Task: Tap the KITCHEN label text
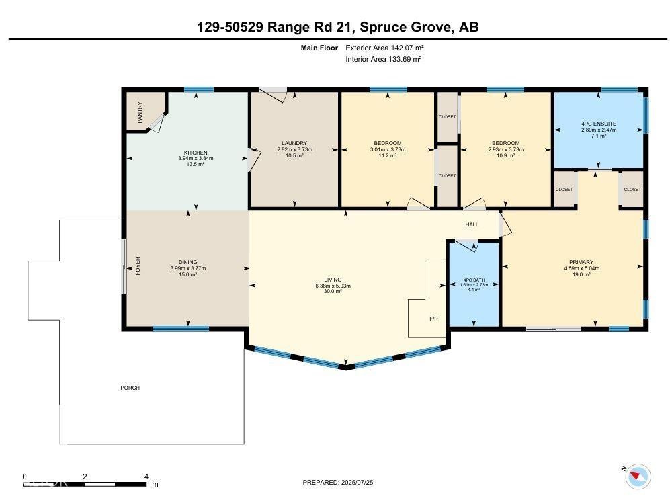point(196,153)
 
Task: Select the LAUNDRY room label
point(294,143)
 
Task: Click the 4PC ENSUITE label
point(599,124)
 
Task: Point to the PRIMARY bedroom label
point(581,262)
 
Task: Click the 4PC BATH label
point(474,280)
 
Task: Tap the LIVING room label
point(333,280)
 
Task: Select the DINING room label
point(187,262)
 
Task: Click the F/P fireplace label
point(433,318)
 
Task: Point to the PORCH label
point(130,388)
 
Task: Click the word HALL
point(472,224)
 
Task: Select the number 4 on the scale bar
point(146,477)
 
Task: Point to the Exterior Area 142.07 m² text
point(384,48)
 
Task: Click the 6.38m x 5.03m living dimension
point(333,286)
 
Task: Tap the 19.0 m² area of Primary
point(581,274)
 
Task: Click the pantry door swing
point(157,123)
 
